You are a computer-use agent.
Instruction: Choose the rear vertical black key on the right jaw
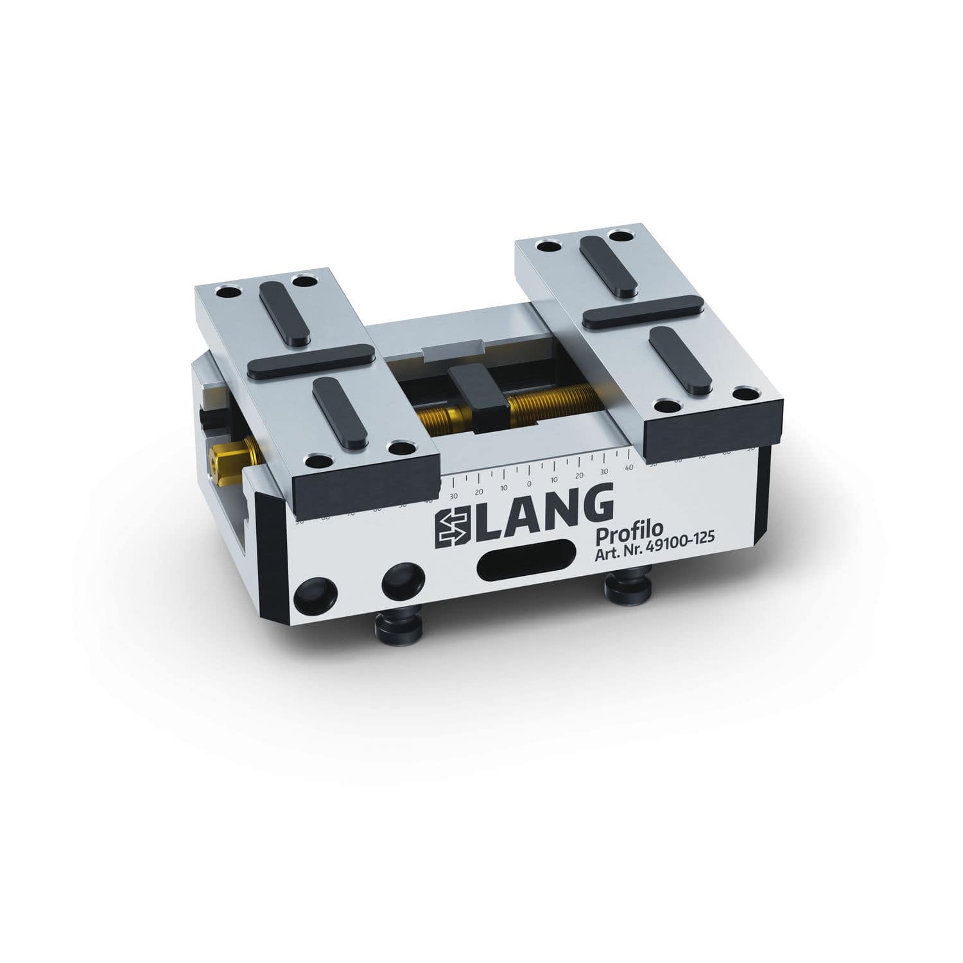coord(607,266)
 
